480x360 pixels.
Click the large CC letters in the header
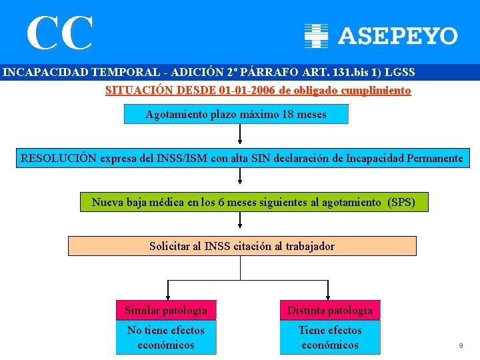pyautogui.click(x=60, y=33)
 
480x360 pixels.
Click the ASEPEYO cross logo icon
pyautogui.click(x=316, y=35)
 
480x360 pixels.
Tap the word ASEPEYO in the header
pyautogui.click(x=398, y=36)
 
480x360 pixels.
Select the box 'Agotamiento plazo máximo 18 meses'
pyautogui.click(x=236, y=114)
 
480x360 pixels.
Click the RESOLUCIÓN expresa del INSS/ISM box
pyautogui.click(x=242, y=159)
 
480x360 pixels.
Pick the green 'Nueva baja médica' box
pyautogui.click(x=254, y=202)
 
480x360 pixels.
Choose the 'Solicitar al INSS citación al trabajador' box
pyautogui.click(x=242, y=246)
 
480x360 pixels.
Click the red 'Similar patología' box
pyautogui.click(x=166, y=310)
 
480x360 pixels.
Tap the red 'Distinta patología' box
pyautogui.click(x=330, y=310)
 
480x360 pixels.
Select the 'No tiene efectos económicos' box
pyautogui.click(x=166, y=337)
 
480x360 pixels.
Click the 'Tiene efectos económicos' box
pyautogui.click(x=330, y=337)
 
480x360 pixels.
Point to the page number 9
pyautogui.click(x=460, y=345)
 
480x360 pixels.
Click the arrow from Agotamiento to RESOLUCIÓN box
pyautogui.click(x=240, y=135)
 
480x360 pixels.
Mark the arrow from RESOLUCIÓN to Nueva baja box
pyautogui.click(x=240, y=178)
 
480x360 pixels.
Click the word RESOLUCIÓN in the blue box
pyautogui.click(x=59, y=159)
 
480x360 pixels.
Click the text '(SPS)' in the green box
pyautogui.click(x=401, y=202)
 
